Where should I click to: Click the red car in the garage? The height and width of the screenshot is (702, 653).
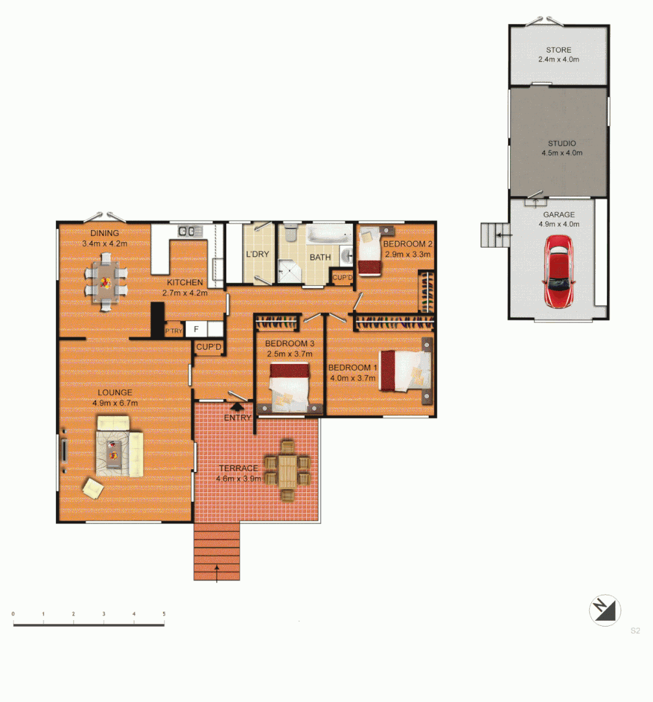(x=559, y=272)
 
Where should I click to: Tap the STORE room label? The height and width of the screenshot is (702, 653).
(x=558, y=49)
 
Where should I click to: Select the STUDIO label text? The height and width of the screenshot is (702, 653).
(x=561, y=143)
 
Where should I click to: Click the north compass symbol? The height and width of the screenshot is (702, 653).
(x=605, y=611)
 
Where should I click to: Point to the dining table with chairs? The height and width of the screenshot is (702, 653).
(x=105, y=280)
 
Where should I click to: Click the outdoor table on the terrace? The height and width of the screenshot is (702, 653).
(x=287, y=469)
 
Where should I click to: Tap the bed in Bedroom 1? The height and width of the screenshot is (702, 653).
(x=405, y=371)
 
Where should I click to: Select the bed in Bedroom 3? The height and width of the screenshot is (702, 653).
(x=289, y=387)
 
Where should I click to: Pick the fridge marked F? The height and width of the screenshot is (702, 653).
(x=196, y=330)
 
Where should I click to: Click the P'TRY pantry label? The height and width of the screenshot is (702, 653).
(x=173, y=331)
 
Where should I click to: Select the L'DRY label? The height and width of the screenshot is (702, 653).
(x=257, y=254)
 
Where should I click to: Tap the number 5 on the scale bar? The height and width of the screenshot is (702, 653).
(x=164, y=614)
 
